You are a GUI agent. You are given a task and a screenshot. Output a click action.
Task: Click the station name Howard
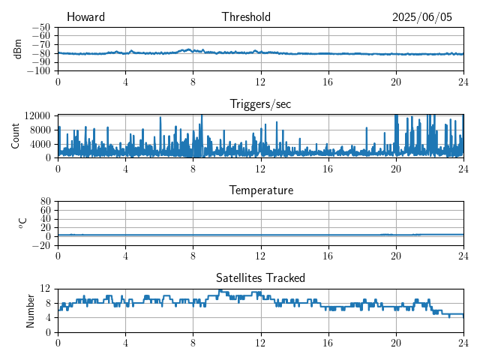click(85, 16)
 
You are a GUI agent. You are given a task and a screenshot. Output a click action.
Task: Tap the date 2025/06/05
click(421, 17)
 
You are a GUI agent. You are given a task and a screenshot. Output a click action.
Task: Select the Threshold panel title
click(246, 16)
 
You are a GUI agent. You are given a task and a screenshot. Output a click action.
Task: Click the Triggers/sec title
click(260, 104)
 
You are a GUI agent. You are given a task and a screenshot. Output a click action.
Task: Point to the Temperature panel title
click(261, 190)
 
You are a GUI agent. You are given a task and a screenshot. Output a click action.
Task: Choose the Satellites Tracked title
click(260, 277)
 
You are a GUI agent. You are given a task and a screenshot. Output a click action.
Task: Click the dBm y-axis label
click(18, 49)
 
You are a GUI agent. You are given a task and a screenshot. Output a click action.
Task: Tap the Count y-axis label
click(15, 136)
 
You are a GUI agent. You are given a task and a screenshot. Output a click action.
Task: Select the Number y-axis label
click(30, 311)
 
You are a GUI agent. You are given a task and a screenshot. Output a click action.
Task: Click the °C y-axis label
click(22, 223)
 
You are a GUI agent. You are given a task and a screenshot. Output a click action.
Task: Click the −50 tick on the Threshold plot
click(40, 28)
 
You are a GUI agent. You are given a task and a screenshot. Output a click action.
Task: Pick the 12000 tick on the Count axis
click(37, 115)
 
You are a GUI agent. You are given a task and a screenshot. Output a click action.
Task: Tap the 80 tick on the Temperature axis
click(46, 202)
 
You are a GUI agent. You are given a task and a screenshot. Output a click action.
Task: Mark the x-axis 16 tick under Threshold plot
click(328, 82)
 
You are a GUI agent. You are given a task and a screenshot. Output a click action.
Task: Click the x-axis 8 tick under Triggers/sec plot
click(193, 169)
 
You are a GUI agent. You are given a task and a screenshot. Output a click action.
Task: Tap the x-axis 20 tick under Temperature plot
click(396, 256)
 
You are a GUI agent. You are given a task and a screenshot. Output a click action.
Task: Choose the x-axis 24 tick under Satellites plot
click(463, 343)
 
